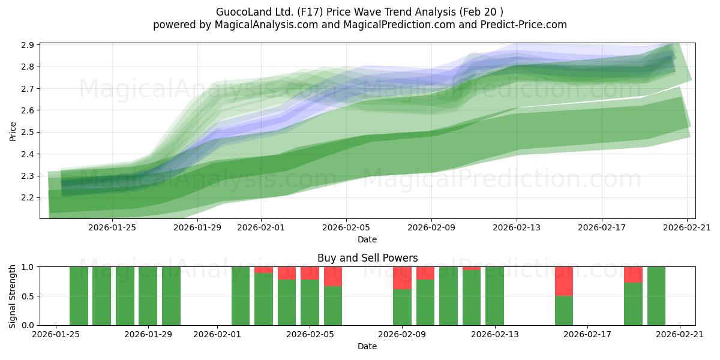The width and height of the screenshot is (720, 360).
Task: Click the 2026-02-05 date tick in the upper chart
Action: click(x=346, y=228)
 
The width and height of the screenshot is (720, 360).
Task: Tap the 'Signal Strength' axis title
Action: click(x=13, y=296)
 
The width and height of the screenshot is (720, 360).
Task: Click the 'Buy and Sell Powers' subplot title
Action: click(x=367, y=258)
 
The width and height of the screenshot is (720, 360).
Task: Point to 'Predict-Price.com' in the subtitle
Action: click(x=526, y=25)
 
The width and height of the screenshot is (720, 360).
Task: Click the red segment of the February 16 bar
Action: click(x=564, y=281)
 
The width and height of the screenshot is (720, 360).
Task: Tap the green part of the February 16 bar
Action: click(x=564, y=310)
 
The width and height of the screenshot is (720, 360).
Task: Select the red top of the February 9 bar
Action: click(x=402, y=278)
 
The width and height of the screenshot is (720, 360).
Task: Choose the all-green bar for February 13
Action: click(x=494, y=296)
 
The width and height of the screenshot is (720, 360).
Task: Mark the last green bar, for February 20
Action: click(x=656, y=296)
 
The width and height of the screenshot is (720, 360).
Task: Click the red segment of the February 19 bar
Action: click(x=633, y=274)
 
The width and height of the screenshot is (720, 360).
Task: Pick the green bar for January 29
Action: click(x=171, y=296)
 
